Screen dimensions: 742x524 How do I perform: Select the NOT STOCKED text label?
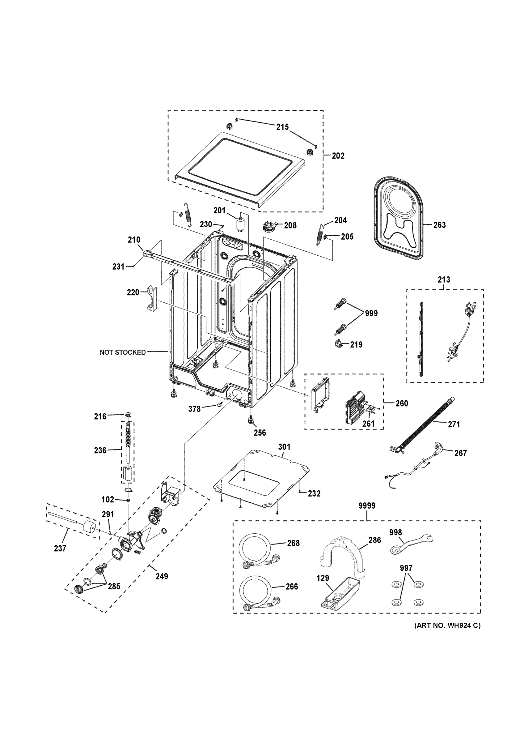point(122,352)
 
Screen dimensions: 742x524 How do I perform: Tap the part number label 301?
point(284,447)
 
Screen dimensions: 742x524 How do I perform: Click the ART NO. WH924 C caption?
point(447,625)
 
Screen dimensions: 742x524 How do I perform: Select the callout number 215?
point(282,127)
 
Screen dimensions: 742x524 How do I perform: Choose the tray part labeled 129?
point(339,595)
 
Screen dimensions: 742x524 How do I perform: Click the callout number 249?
point(161,576)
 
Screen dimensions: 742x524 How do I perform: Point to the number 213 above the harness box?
point(444,279)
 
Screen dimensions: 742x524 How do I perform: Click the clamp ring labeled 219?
point(338,343)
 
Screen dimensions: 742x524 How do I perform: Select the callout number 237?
point(60,548)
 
